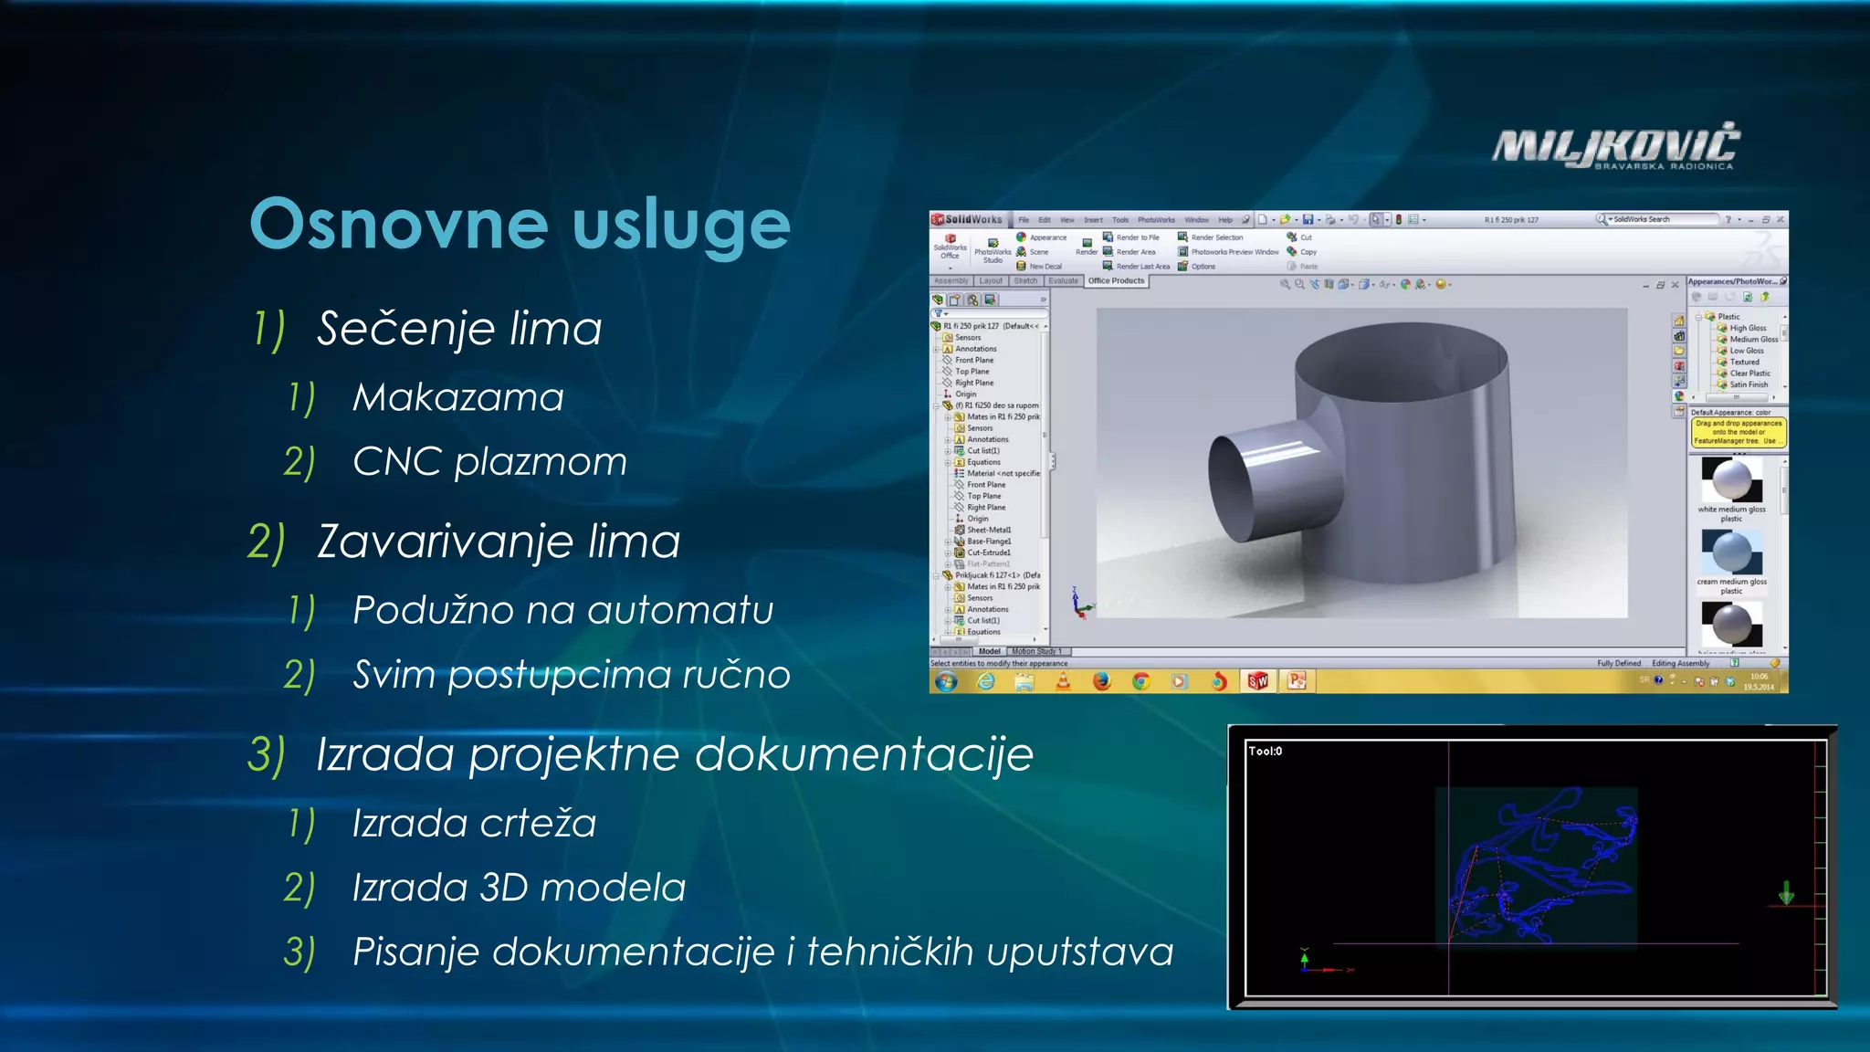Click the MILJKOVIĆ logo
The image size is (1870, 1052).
[1616, 146]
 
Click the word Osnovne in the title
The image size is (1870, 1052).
[396, 225]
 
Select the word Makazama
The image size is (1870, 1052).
[458, 397]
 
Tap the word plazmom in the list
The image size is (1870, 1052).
[541, 462]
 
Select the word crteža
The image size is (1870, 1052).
[538, 824]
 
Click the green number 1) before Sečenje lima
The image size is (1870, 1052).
[269, 329]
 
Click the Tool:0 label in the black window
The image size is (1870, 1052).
[1265, 751]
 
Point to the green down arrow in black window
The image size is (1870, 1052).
[1786, 892]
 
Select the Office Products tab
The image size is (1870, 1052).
[1115, 281]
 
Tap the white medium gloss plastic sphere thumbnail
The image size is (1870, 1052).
[1731, 479]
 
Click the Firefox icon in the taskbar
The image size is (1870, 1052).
[1102, 681]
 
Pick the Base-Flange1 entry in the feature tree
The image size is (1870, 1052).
[988, 542]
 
